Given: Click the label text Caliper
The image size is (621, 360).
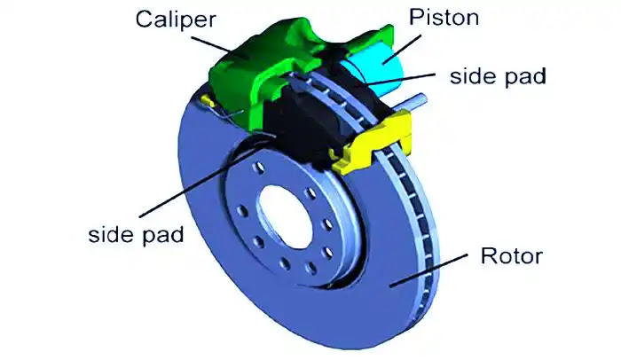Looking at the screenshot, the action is [176, 20].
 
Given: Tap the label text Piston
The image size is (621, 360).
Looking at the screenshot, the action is [444, 18].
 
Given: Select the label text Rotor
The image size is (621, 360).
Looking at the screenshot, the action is [511, 256].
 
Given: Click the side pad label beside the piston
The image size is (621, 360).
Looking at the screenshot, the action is [498, 75].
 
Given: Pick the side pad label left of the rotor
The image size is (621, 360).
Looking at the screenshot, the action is [136, 234].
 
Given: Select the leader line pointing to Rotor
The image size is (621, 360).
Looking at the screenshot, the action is [428, 270].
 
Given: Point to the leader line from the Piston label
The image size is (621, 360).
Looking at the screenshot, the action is [402, 50].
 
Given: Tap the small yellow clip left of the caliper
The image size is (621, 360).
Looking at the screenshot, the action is [208, 100].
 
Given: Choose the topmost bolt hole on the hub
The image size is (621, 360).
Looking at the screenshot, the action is [260, 167].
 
